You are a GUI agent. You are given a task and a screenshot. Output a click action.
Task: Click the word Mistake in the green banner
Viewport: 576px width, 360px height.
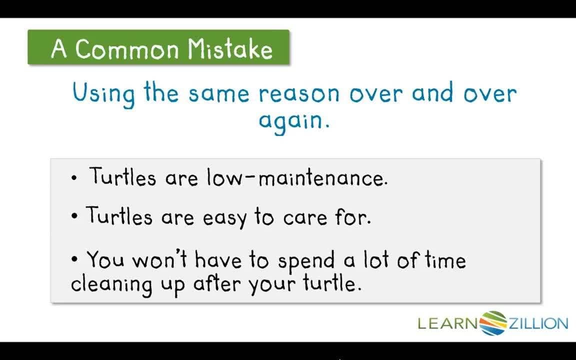tap(230, 49)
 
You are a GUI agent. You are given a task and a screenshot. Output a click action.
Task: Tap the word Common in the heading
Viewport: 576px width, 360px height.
tap(127, 49)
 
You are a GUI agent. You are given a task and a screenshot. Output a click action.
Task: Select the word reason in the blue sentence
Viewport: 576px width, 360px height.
tap(299, 94)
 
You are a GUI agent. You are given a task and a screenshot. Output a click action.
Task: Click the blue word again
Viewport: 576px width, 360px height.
tap(294, 120)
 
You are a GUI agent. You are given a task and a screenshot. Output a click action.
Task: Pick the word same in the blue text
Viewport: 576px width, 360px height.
tap(219, 94)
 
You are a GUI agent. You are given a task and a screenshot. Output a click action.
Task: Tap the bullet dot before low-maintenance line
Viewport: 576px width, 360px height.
tap(74, 178)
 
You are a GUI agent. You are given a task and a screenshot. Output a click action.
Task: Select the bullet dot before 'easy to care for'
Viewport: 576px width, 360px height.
tap(74, 216)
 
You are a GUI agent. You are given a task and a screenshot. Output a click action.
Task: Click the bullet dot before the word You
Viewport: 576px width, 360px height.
tap(74, 259)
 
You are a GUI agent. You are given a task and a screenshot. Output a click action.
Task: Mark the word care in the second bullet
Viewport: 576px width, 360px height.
tap(305, 218)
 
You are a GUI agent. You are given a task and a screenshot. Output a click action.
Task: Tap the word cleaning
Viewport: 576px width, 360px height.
tap(111, 285)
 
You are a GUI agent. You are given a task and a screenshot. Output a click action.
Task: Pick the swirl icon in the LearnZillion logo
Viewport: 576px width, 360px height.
tap(493, 323)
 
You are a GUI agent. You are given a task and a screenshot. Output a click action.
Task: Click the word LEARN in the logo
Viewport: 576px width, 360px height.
tap(448, 323)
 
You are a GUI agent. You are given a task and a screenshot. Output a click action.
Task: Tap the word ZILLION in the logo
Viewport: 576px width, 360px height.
tap(538, 323)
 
